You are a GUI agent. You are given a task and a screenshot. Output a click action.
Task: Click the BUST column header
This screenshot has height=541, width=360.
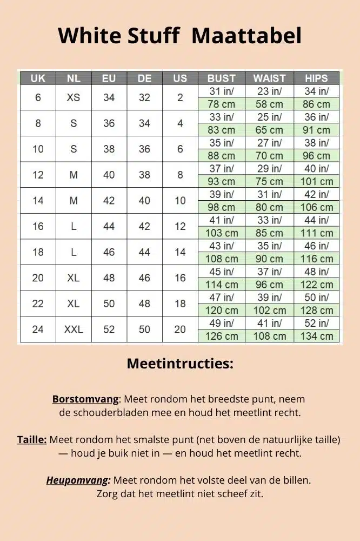tap(222, 78)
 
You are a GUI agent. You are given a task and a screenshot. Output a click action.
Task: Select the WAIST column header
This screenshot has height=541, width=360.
tap(269, 78)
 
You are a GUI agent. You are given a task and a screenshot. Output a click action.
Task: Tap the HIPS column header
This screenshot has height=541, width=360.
tap(316, 78)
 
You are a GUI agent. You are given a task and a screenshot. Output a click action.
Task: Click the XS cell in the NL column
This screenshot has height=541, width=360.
tap(74, 98)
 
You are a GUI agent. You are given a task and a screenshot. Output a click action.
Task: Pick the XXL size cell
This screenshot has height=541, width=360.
tap(74, 329)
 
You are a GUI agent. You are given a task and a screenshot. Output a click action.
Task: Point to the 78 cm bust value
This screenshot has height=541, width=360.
tap(222, 104)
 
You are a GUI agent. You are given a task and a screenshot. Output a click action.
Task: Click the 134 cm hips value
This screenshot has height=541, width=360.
tap(316, 336)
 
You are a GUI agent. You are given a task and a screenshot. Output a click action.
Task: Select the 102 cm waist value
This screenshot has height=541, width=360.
tap(269, 311)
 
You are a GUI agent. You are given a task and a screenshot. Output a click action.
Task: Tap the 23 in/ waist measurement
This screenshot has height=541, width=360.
tap(269, 91)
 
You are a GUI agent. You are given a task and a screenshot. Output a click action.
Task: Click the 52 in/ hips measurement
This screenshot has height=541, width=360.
tap(316, 323)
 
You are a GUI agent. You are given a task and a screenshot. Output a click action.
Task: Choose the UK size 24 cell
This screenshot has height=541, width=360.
tap(38, 329)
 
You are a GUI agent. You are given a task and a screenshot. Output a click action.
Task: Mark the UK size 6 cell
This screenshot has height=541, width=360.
tap(38, 98)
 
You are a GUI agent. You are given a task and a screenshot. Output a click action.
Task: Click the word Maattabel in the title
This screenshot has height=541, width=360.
tap(246, 36)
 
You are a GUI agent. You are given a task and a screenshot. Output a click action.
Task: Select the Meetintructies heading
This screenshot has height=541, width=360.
tap(180, 364)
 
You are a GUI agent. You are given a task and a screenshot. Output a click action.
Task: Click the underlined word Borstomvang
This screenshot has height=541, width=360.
tap(85, 399)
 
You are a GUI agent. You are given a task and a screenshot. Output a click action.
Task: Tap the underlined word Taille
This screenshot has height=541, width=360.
tap(32, 439)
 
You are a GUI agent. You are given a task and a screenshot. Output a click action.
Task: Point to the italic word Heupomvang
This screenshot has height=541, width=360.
tap(78, 480)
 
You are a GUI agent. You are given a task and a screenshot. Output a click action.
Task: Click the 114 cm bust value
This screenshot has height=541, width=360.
tap(222, 285)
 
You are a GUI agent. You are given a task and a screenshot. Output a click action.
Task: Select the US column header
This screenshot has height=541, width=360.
tap(180, 78)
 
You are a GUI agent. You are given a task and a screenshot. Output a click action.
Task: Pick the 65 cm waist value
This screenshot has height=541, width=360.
tap(269, 130)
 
